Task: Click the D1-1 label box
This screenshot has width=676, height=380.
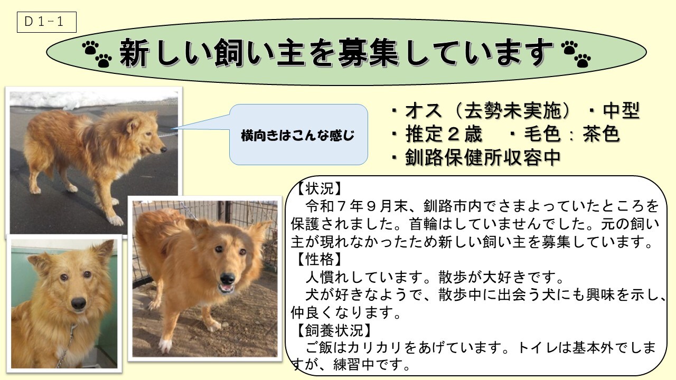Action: click(x=46, y=22)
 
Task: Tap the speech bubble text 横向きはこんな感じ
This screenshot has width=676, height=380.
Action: click(x=297, y=136)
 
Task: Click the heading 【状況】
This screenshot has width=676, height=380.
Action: click(x=320, y=189)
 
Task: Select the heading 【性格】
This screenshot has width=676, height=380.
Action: click(x=320, y=259)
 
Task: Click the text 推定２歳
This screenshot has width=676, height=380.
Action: click(x=444, y=134)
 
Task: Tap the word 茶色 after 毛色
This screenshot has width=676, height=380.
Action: click(x=601, y=134)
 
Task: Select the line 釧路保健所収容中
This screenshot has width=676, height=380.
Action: click(x=483, y=157)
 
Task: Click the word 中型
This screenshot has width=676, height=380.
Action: click(x=622, y=111)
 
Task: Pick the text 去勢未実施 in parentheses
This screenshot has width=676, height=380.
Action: click(x=512, y=111)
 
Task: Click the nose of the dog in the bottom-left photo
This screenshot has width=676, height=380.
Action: click(x=79, y=303)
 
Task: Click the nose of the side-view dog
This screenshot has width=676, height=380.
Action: click(x=164, y=149)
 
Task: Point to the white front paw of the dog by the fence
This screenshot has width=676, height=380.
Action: click(x=165, y=345)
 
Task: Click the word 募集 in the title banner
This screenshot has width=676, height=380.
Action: click(x=368, y=53)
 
